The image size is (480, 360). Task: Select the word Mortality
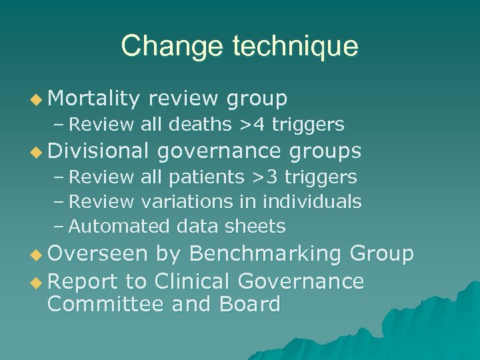point(93,99)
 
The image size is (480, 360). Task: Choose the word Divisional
point(98,151)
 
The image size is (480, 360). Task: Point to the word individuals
point(312,201)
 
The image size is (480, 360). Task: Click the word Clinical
point(195,281)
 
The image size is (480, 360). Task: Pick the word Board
point(252,305)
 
